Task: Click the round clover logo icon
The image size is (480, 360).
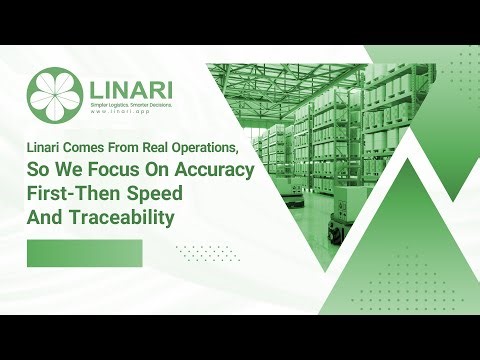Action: (55, 90)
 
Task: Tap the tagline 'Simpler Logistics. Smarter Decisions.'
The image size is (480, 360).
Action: (130, 104)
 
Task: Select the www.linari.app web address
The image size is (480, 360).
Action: (119, 112)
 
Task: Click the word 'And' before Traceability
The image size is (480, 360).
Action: (46, 217)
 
